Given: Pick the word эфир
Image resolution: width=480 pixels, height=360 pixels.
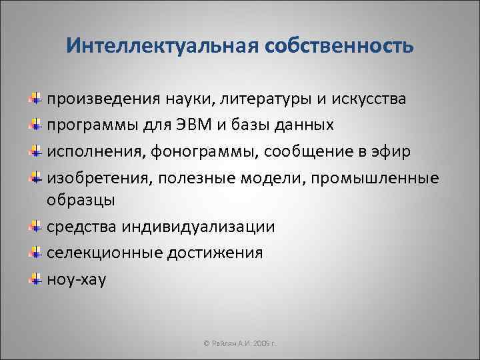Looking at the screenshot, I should pos(392,151).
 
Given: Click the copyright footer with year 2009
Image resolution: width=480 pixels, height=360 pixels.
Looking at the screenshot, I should pos(239,344).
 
